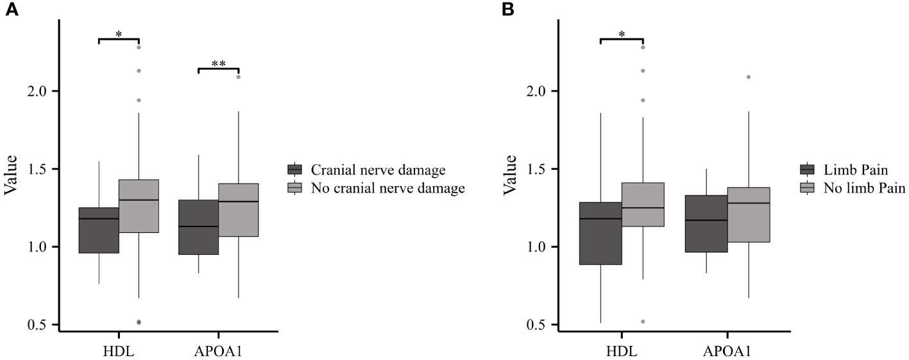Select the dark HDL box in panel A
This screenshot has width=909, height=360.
[99, 230]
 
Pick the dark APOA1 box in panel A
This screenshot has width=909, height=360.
[198, 227]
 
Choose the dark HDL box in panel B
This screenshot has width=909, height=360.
[600, 233]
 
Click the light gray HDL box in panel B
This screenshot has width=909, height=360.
[643, 204]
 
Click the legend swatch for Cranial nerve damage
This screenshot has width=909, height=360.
[295, 170]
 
